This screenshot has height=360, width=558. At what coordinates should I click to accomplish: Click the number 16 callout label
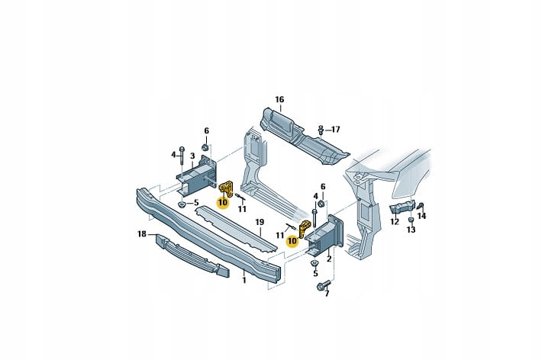279,99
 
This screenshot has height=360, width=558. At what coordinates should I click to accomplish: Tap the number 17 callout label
335,129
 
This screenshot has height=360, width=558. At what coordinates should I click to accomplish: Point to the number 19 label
259,222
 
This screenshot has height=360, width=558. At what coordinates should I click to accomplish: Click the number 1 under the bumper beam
244,280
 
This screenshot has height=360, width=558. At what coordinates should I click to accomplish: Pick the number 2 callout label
328,259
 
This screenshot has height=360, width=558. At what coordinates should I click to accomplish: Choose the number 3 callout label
194,156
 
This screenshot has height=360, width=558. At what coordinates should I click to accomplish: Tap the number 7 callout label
327,294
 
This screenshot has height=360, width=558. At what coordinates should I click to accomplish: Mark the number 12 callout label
395,222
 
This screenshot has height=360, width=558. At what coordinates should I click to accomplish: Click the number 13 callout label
411,230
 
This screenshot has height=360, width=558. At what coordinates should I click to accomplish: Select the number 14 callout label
422,216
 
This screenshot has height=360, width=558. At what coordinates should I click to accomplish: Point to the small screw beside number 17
321,129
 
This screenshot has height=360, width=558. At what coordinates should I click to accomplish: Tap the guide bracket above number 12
402,208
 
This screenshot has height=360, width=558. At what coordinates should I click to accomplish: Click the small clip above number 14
421,204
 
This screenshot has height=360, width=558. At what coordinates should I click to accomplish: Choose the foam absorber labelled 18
191,255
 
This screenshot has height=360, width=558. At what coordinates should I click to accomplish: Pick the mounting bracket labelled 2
325,233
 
